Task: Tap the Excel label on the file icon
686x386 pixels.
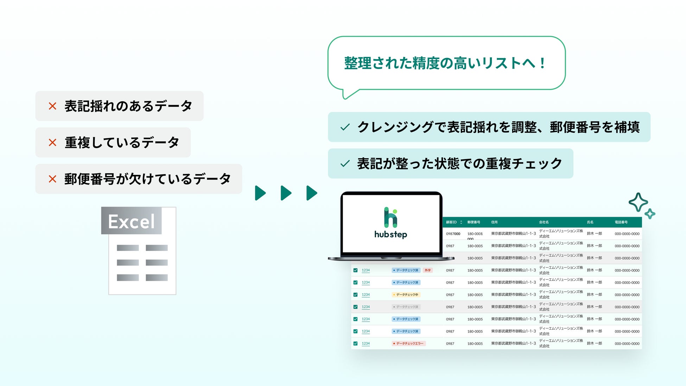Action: tap(131, 221)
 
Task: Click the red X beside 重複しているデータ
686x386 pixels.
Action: tap(52, 143)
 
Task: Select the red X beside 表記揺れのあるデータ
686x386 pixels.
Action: tap(52, 106)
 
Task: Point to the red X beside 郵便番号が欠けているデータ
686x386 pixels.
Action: tap(52, 179)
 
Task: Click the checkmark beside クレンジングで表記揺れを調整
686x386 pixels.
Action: tap(345, 127)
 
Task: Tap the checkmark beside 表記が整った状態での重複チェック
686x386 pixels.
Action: tap(345, 164)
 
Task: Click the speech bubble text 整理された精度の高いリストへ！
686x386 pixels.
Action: tap(445, 63)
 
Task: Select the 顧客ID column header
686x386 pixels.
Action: tap(451, 222)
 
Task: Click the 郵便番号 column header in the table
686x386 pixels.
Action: tap(474, 222)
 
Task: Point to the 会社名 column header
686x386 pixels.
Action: tap(544, 222)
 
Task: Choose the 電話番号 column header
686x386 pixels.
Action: tap(621, 222)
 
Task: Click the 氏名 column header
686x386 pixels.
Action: tap(590, 222)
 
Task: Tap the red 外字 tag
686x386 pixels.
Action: tap(427, 270)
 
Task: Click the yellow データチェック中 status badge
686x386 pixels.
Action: tap(406, 295)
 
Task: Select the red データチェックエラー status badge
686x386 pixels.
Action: tap(408, 343)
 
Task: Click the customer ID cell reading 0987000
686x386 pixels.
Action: tap(453, 234)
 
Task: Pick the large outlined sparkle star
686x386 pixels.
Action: tap(638, 202)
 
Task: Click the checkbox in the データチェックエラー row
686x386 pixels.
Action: tap(355, 343)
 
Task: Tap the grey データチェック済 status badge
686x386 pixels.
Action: tap(406, 307)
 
